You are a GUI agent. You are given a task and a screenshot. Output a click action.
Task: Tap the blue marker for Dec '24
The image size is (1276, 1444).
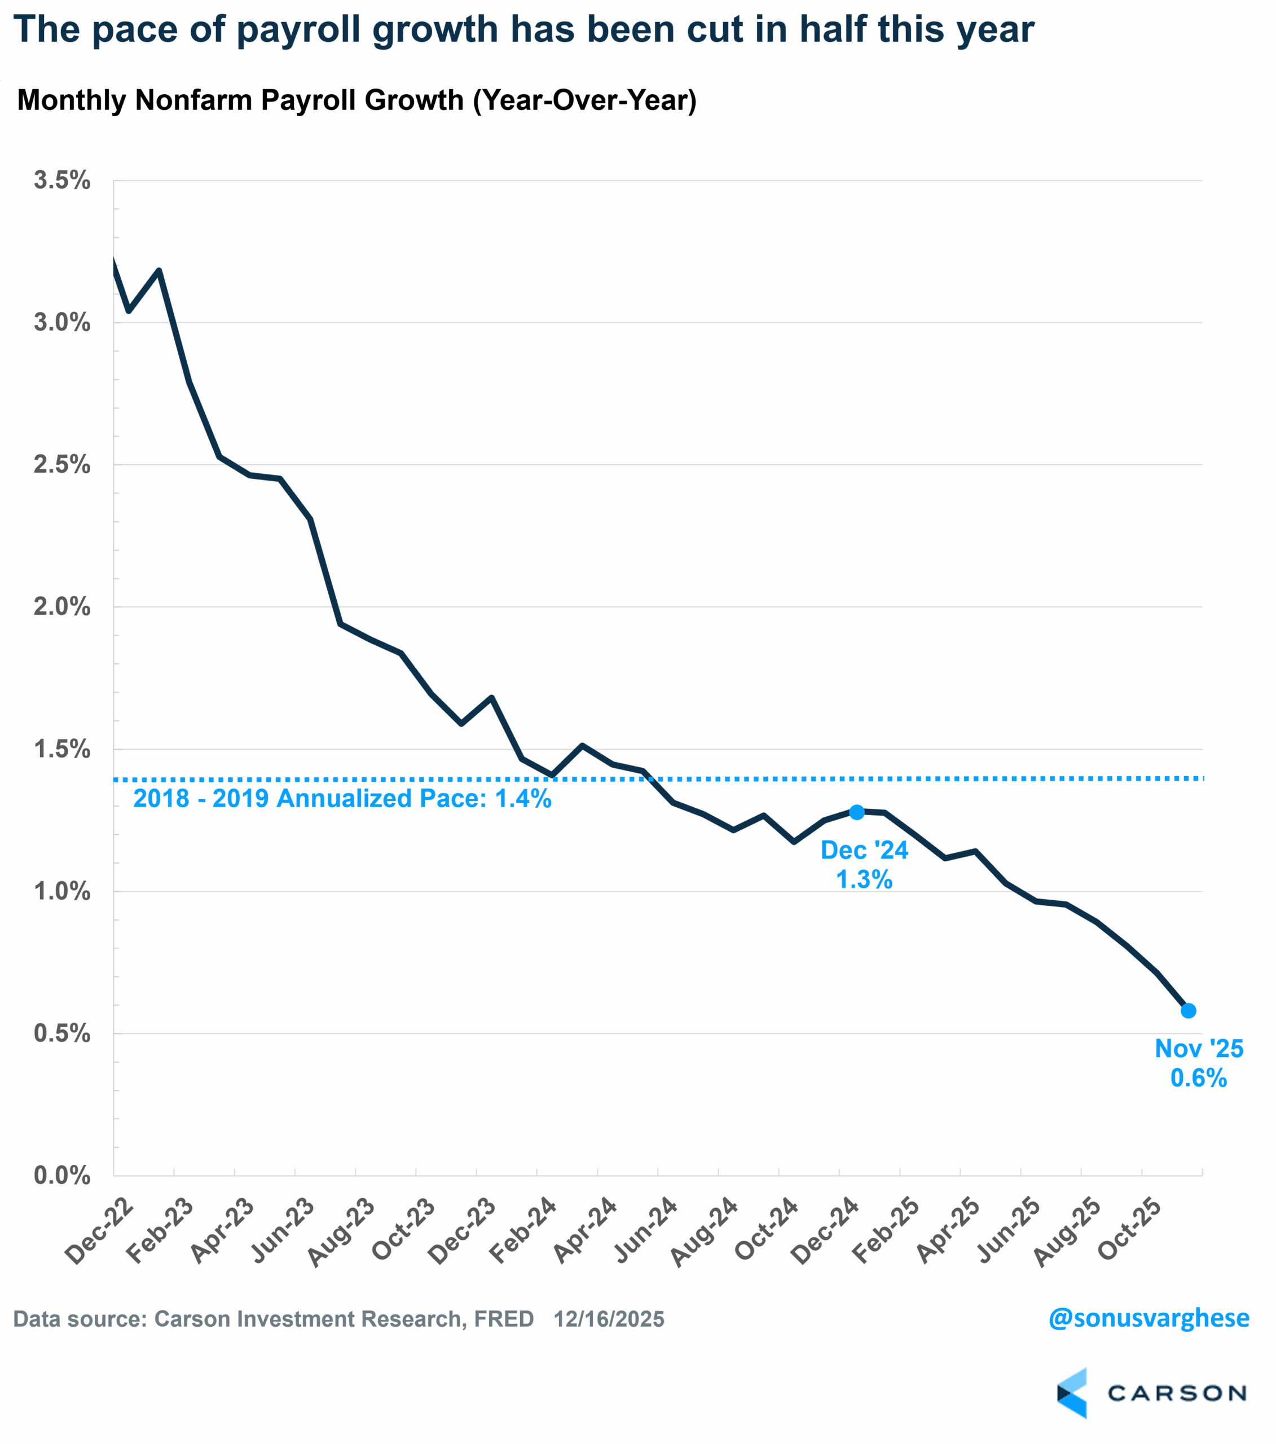pos(856,812)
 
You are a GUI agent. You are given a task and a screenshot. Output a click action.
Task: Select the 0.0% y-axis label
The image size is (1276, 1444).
pos(62,1176)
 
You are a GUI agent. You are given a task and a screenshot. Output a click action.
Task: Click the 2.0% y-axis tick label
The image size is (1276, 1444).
pos(62,607)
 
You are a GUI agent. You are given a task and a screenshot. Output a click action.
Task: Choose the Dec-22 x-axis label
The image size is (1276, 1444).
pos(98,1231)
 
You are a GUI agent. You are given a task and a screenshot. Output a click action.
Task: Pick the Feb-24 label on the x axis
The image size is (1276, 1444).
pos(523,1231)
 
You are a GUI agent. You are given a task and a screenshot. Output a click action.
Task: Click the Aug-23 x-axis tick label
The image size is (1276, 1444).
pos(341,1232)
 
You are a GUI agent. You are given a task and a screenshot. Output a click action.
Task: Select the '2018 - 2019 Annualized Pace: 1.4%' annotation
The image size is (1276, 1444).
pos(342,798)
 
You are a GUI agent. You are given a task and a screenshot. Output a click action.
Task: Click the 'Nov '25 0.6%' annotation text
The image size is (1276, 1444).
pos(1199,1063)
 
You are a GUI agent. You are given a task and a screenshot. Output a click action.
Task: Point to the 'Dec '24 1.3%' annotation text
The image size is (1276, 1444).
pos(864,865)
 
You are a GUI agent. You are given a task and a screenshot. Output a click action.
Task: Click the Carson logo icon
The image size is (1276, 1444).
pos(1072,1393)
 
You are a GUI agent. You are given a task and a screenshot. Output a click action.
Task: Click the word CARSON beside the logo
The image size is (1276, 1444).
pos(1176,1393)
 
